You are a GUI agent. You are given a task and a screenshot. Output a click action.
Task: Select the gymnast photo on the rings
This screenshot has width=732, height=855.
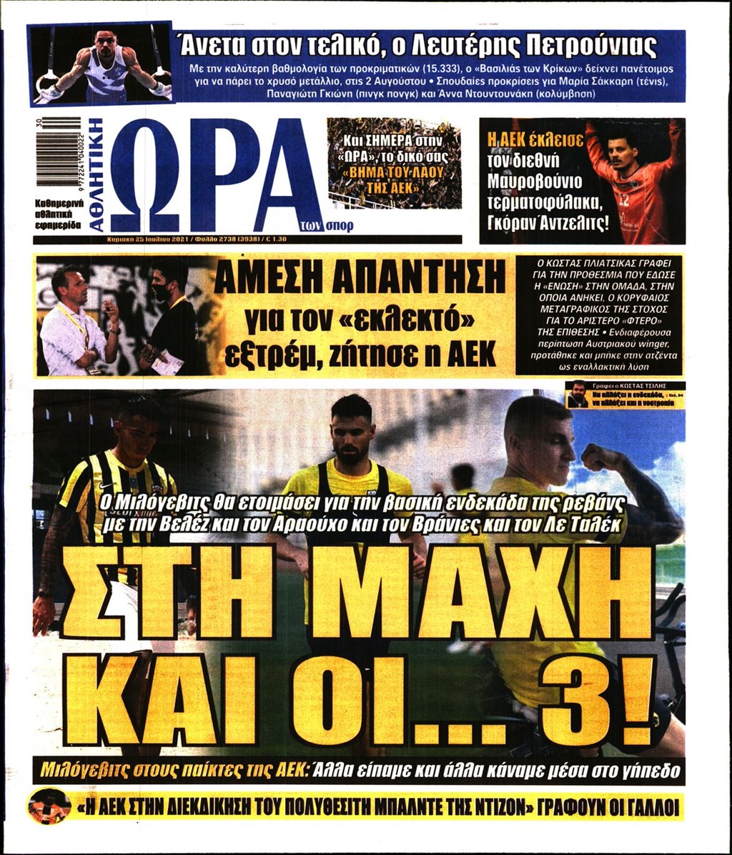point(101,64)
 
